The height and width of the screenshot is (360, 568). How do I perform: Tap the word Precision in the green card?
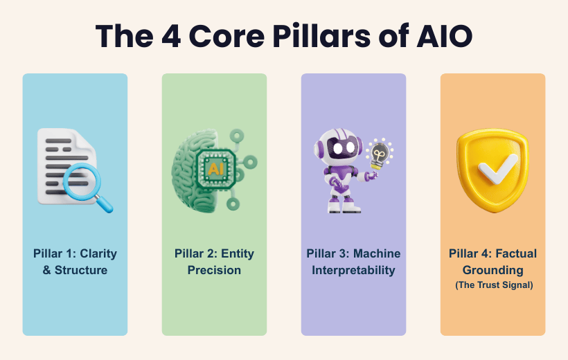(x=214, y=270)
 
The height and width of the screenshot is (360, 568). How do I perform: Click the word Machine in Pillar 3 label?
(x=380, y=253)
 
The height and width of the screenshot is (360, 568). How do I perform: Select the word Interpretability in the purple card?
(x=353, y=270)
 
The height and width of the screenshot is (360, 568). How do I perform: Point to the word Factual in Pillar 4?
(x=515, y=253)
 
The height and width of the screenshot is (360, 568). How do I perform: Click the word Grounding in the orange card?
(x=493, y=270)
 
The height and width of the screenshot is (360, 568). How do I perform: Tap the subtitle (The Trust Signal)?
(x=493, y=285)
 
